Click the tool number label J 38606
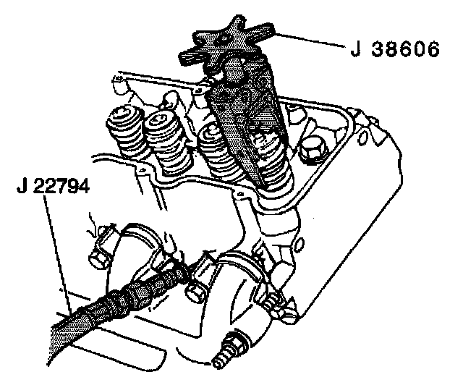click(x=395, y=49)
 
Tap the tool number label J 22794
click(x=53, y=186)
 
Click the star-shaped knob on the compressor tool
click(x=227, y=41)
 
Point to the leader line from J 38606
click(x=310, y=41)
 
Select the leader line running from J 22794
click(x=58, y=253)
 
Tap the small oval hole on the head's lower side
click(x=300, y=244)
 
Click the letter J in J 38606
click(x=355, y=49)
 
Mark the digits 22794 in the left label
click(x=61, y=186)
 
